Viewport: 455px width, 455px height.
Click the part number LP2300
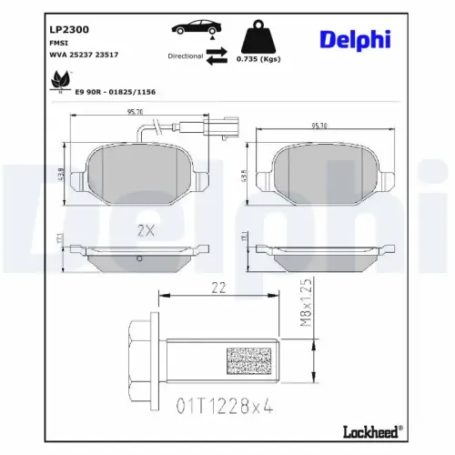coord(70,29)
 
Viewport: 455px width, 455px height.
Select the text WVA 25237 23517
coord(85,55)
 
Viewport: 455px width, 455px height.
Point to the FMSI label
coord(59,43)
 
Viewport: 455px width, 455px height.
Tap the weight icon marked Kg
coord(258,38)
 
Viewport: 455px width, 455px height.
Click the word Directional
coord(186,56)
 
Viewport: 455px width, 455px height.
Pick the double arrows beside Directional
coord(217,56)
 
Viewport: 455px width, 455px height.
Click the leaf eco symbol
coord(61,83)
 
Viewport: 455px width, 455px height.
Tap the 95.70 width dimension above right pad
coord(325,126)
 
